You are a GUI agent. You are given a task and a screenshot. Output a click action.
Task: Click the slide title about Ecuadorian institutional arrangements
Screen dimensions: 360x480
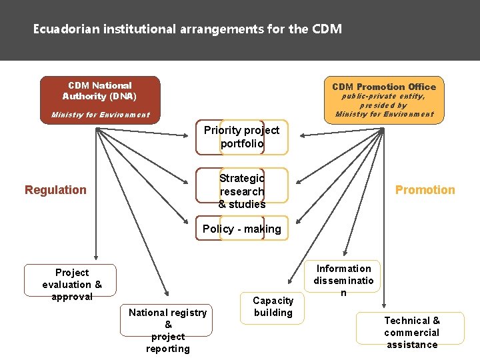coord(188,29)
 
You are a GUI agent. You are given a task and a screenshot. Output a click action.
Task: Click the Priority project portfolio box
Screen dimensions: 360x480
coord(242,137)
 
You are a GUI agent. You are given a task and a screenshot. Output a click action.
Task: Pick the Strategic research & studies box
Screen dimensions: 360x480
coord(242,191)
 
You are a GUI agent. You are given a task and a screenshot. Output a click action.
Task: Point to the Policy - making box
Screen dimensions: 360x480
coord(242,229)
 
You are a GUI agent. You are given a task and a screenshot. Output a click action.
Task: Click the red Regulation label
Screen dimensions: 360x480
coord(55,190)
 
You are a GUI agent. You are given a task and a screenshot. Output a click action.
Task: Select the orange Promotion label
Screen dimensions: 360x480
coord(425,190)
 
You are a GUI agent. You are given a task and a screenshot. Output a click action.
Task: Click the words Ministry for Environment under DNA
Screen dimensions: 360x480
coord(101,115)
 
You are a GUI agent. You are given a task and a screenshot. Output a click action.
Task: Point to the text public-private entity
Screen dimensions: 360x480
coord(383,96)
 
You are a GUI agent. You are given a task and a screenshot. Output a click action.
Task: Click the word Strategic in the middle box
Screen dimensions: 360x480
coord(241,178)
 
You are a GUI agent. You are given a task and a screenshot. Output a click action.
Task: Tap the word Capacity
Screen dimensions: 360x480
coord(273,301)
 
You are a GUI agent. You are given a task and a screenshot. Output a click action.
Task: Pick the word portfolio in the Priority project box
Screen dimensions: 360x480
coord(242,143)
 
